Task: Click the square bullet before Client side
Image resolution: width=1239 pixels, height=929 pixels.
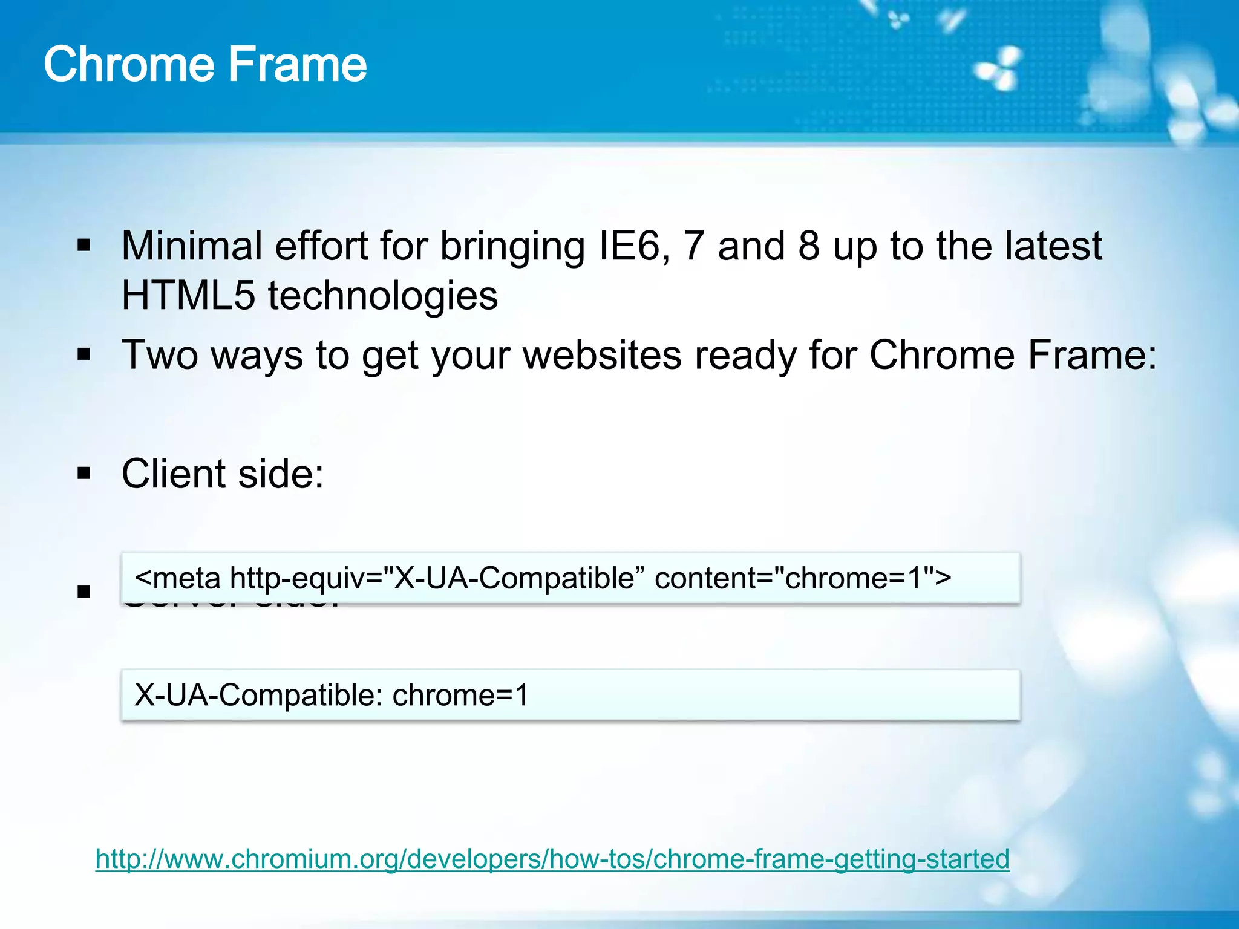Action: click(84, 473)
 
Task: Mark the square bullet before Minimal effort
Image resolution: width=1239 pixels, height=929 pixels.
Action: click(84, 246)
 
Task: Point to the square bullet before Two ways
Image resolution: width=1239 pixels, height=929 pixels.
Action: click(84, 354)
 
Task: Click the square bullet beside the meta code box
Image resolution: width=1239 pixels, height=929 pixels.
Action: click(84, 591)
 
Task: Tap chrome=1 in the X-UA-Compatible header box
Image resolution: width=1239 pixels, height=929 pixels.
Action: click(460, 695)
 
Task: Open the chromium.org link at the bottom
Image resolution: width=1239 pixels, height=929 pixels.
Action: click(552, 859)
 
